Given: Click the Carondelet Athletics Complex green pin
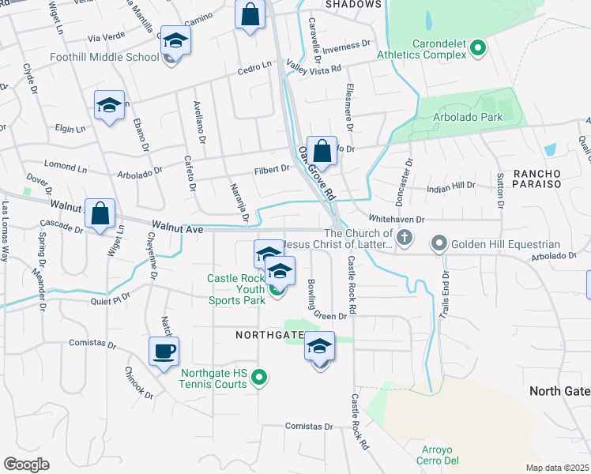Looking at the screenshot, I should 477,49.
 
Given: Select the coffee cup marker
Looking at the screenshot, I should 164,352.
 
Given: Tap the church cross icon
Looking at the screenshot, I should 405,237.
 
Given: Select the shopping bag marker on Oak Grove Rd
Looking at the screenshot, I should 322,150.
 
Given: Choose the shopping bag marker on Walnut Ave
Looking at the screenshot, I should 100,213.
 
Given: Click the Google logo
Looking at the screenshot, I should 26,465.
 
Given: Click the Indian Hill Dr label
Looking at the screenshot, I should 450,186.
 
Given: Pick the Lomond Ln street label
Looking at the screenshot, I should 66,167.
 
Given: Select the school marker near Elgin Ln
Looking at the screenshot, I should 109,107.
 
